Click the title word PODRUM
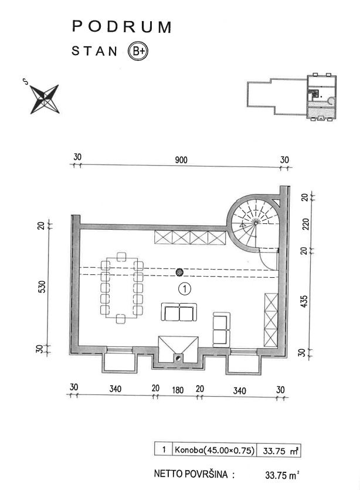121,27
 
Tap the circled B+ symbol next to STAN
138,51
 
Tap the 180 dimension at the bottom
178,389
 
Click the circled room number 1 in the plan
185,288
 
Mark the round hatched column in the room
179,272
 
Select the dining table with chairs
121,287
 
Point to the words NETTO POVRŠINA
191,473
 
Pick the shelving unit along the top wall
190,237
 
